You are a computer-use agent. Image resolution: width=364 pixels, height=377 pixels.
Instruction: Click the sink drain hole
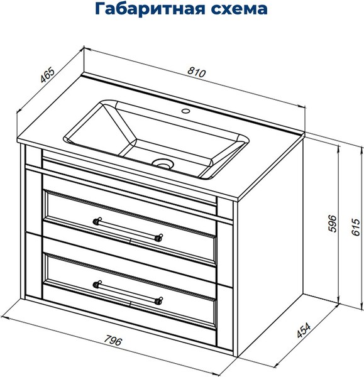pyautogui.click(x=163, y=163)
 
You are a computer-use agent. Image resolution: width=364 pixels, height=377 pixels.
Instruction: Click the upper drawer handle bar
pyautogui.click(x=128, y=229)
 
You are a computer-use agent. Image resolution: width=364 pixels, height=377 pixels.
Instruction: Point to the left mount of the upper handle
pyautogui.click(x=97, y=220)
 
